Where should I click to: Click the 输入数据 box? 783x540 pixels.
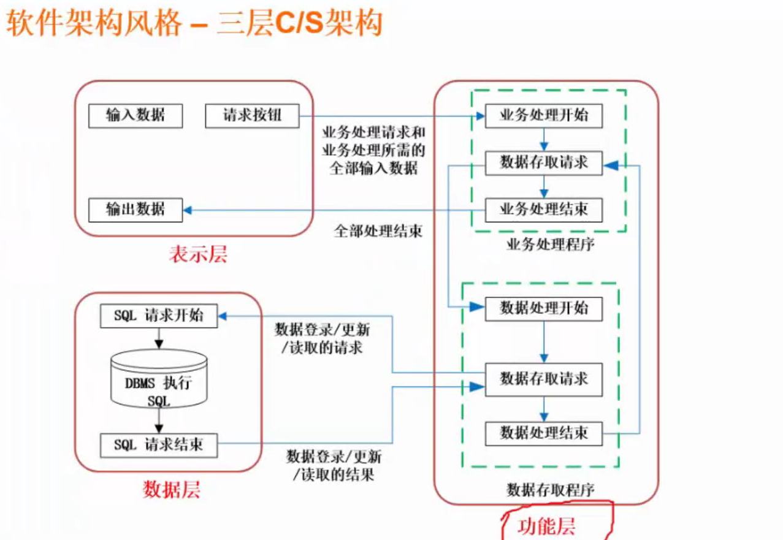click(x=136, y=115)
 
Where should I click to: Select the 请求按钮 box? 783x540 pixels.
click(x=252, y=115)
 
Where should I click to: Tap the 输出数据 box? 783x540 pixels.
click(x=136, y=210)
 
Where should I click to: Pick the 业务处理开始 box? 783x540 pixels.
click(x=544, y=115)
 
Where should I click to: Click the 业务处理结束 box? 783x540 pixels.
click(x=544, y=210)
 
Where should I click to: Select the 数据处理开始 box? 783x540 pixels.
click(x=544, y=308)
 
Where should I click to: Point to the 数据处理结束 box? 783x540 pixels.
click(x=544, y=433)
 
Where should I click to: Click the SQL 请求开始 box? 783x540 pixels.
click(x=159, y=316)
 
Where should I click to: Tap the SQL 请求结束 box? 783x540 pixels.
click(x=159, y=445)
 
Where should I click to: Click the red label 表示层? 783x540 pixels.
click(x=198, y=254)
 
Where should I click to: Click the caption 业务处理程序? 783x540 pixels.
click(x=550, y=245)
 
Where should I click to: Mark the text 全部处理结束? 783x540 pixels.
click(x=378, y=231)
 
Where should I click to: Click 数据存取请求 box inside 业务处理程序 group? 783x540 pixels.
click(x=544, y=162)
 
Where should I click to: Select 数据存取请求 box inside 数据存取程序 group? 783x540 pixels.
click(x=544, y=379)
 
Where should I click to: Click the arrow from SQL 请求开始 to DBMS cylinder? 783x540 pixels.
click(x=159, y=338)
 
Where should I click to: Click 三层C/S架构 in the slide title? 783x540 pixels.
click(x=299, y=24)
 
